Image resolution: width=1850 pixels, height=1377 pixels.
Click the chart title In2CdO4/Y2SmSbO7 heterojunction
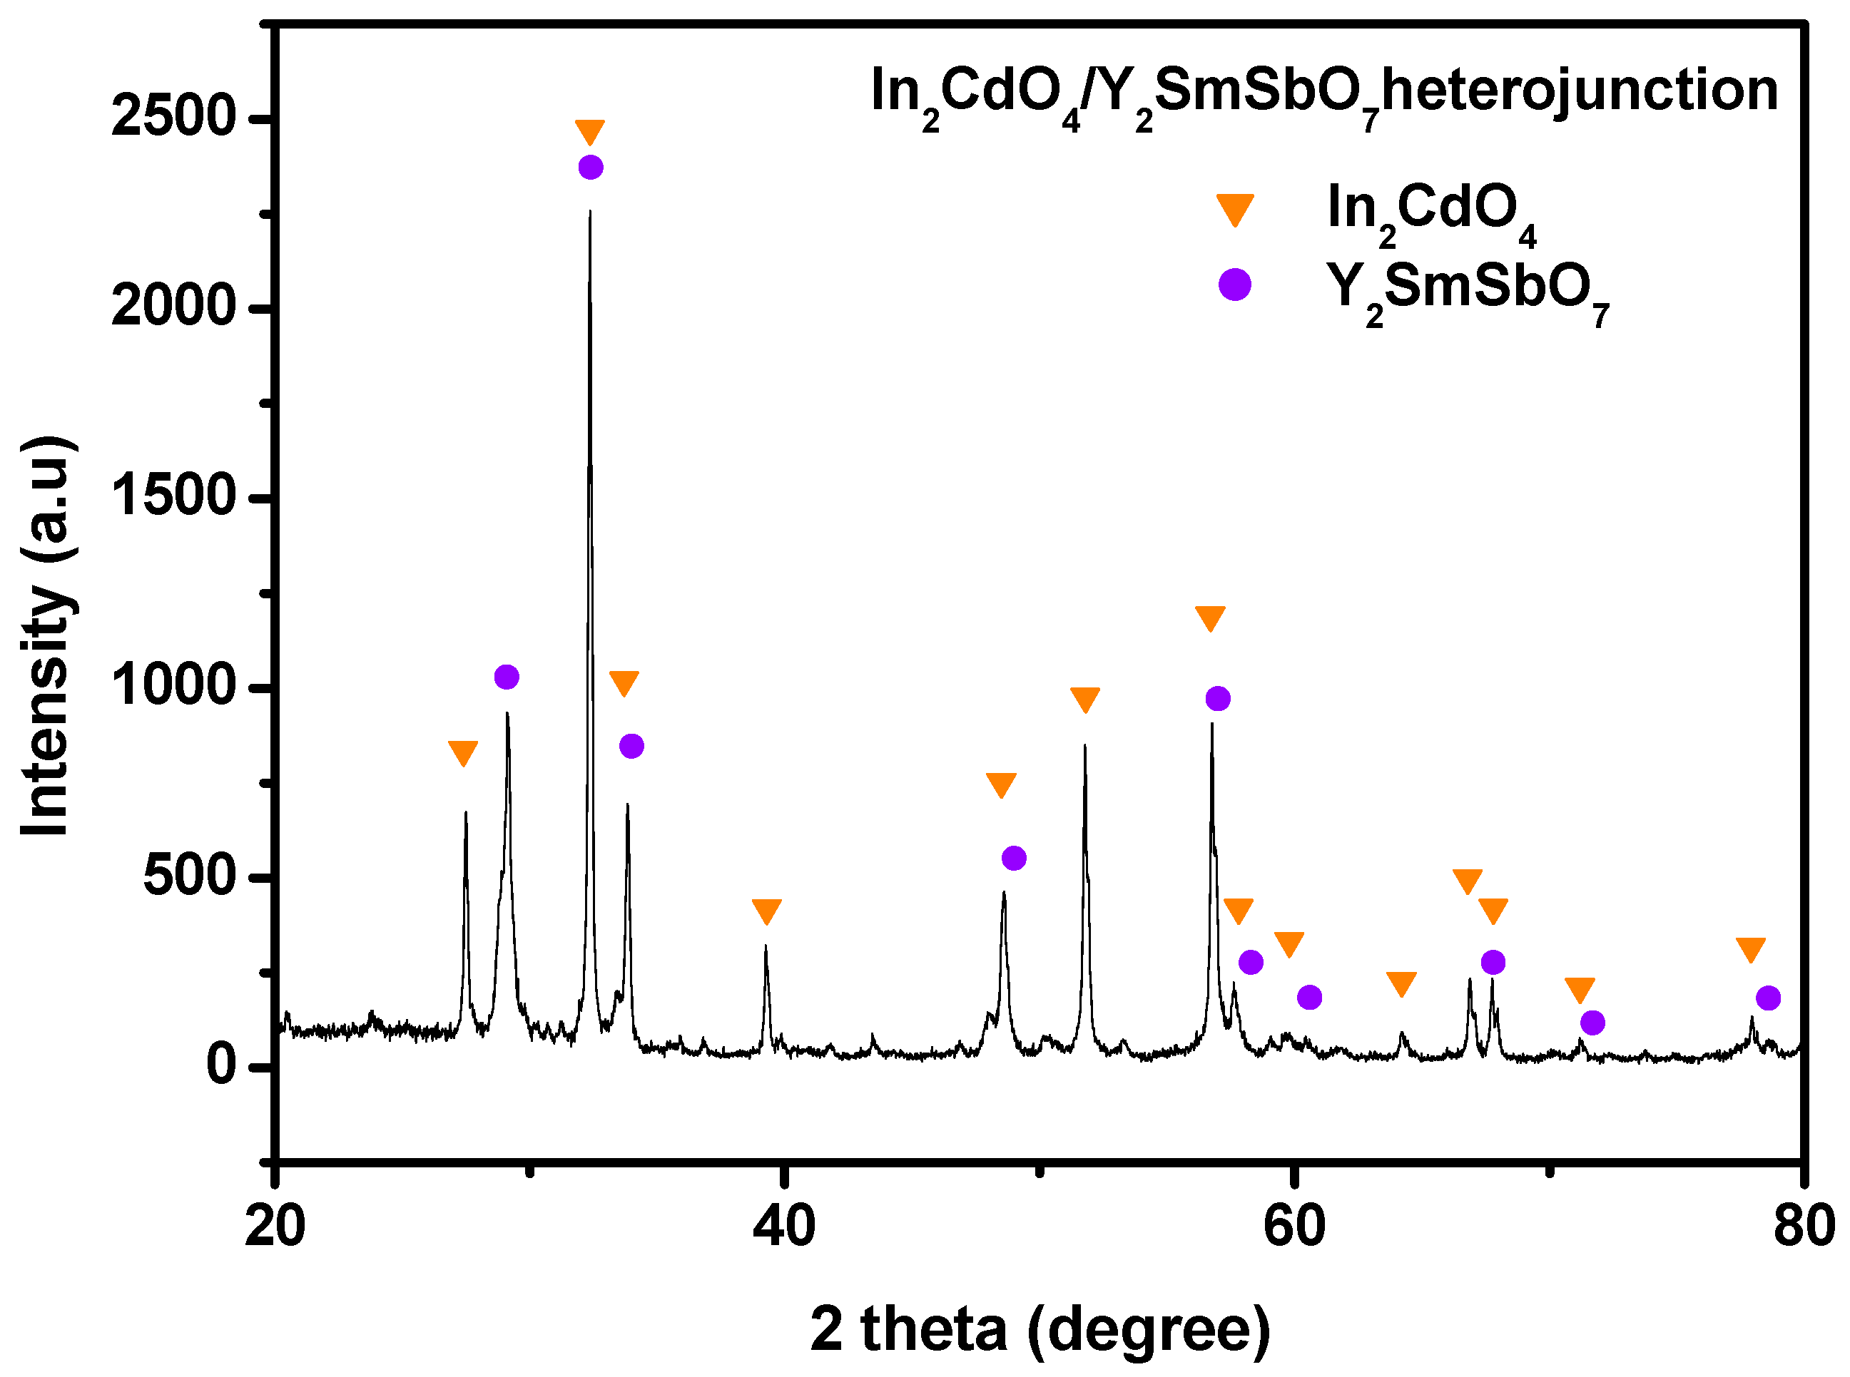pos(1324,93)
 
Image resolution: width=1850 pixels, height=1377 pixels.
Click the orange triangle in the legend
pos(1235,209)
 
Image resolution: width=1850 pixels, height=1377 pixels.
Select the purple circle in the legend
pos(1235,285)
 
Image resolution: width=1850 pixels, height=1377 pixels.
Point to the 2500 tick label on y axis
pos(174,117)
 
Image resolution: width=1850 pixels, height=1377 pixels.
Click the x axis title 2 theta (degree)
pos(1040,1329)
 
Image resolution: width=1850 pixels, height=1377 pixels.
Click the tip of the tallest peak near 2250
pos(590,212)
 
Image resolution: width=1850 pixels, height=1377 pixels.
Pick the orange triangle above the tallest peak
pos(589,132)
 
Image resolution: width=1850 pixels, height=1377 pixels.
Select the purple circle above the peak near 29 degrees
pos(507,677)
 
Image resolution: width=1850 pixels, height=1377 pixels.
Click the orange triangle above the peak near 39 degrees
pos(766,911)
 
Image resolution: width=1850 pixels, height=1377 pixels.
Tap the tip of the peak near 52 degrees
pos(1084,746)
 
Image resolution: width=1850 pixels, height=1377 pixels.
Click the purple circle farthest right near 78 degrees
pos(1768,998)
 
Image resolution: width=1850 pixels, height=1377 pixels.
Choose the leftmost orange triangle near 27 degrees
pos(463,753)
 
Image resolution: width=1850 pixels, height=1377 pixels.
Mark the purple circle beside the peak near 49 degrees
pos(1014,858)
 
